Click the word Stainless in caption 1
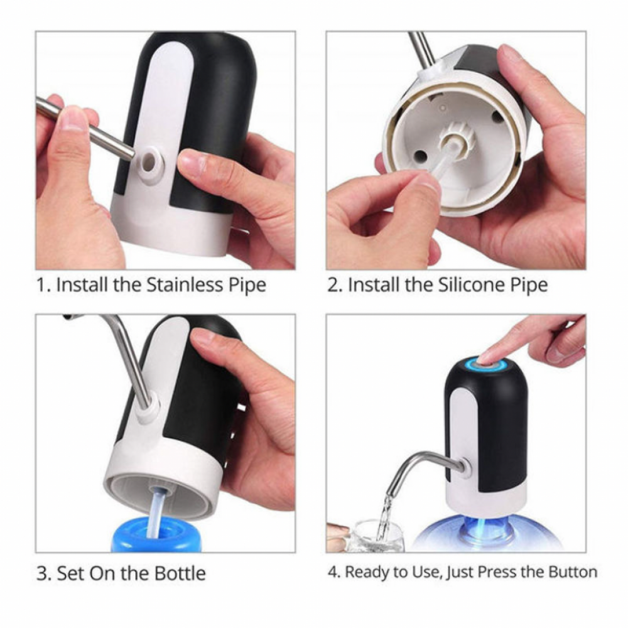[184, 284]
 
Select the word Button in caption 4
[573, 571]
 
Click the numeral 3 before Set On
[43, 573]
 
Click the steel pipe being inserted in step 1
[85, 129]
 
